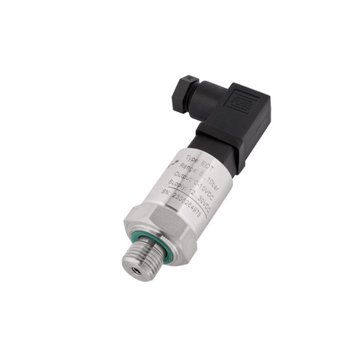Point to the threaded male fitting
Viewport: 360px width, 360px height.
click(x=139, y=256)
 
